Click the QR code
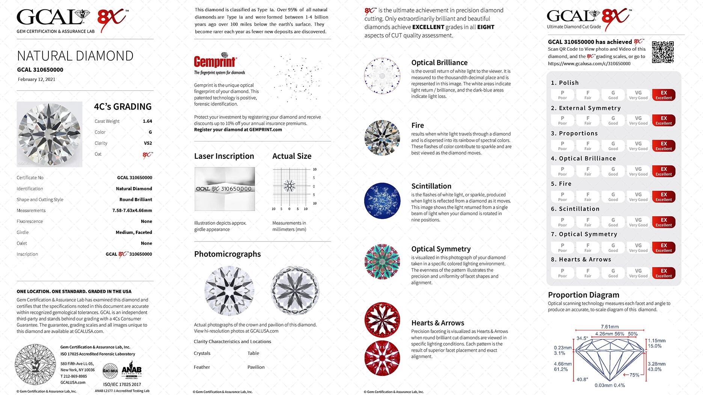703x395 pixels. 662,52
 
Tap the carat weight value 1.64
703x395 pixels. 147,121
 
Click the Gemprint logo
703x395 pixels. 215,62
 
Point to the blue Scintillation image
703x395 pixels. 382,201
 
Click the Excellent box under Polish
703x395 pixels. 664,95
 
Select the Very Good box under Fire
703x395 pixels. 638,197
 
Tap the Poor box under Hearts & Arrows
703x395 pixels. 562,273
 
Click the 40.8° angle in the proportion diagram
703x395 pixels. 582,379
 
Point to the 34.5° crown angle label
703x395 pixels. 582,338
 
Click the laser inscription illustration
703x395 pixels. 225,189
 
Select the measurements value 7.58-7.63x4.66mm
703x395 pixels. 132,211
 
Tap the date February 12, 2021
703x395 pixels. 36,80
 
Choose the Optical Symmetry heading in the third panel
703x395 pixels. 441,249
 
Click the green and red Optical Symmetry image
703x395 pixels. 382,261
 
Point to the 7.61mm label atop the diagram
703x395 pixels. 609,327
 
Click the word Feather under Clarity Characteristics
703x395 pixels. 202,367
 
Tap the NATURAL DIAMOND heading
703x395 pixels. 75,56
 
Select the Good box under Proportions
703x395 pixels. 613,146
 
